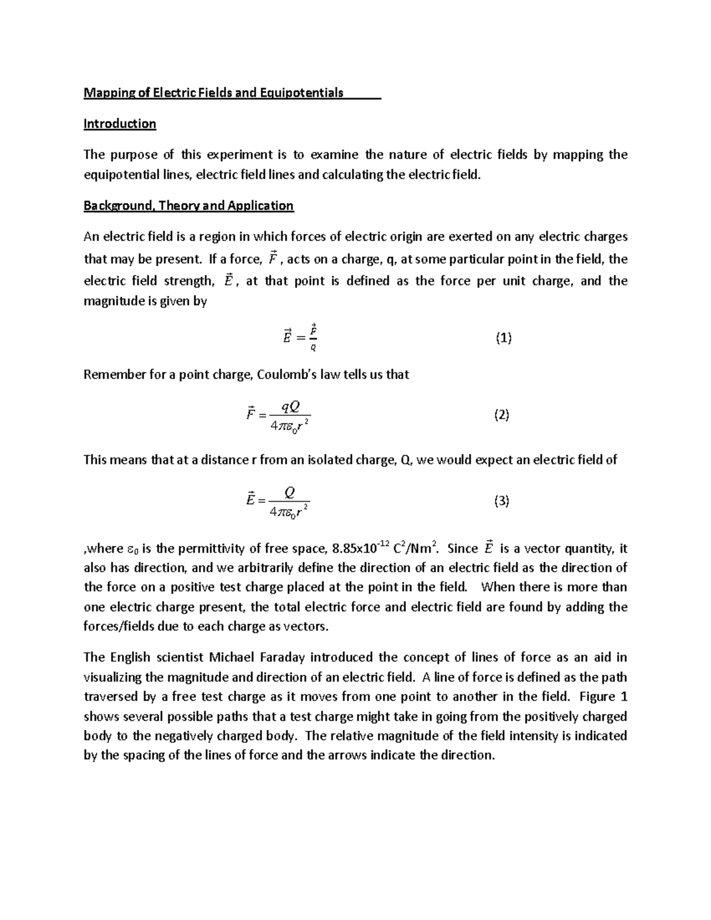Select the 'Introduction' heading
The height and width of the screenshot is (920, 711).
120,124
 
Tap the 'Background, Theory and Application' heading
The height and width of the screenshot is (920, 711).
188,206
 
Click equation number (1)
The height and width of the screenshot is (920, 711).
503,338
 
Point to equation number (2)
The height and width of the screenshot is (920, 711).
501,415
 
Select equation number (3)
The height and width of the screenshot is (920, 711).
501,501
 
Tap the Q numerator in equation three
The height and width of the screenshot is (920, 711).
290,492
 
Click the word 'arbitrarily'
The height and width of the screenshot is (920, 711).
263,568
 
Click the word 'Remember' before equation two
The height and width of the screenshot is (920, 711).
111,375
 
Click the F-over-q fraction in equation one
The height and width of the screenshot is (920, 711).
313,338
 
